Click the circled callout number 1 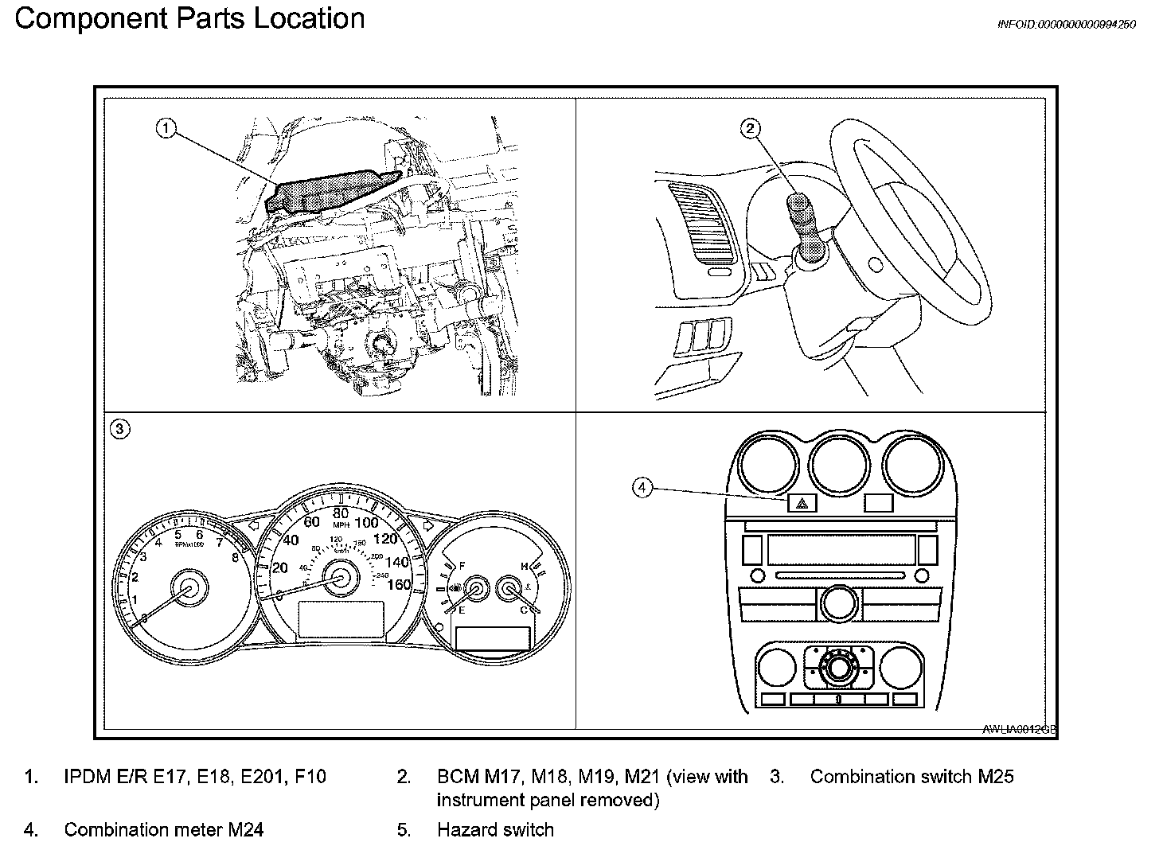click(165, 128)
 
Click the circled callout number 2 click(750, 128)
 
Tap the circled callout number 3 click(119, 430)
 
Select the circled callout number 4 click(642, 487)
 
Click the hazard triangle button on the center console click(802, 502)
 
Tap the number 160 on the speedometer click(397, 584)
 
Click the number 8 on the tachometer click(235, 557)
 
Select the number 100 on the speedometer click(366, 523)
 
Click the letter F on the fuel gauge click(462, 566)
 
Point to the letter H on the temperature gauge click(525, 566)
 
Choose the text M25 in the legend click(995, 777)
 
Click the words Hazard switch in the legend click(495, 830)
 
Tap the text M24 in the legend click(245, 830)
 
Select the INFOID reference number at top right click(1067, 25)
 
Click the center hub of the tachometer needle click(189, 587)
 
